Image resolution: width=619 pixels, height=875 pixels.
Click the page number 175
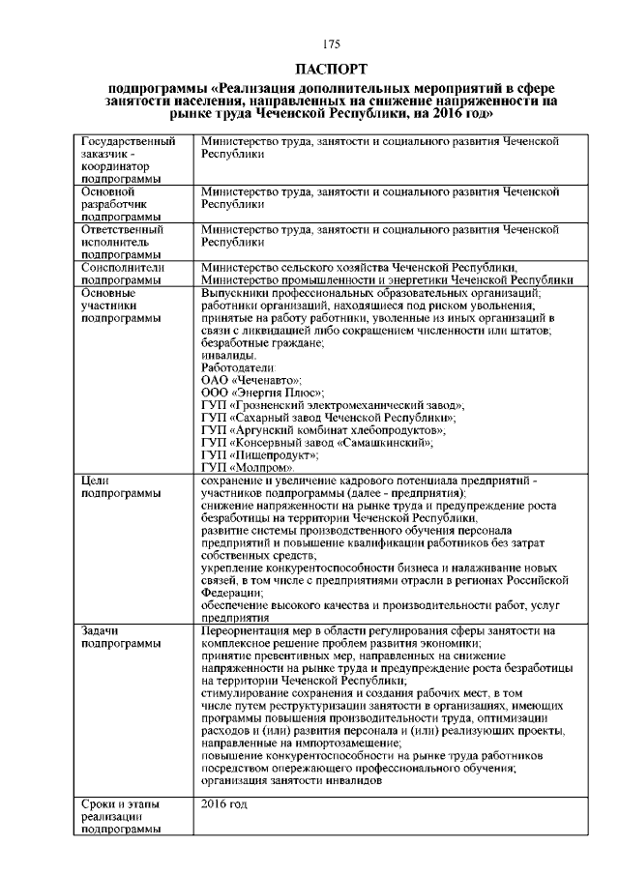(332, 44)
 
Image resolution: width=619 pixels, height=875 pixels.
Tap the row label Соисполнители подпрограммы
(124, 274)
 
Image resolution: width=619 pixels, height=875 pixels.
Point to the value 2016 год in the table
(224, 803)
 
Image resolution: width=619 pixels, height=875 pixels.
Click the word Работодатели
(238, 367)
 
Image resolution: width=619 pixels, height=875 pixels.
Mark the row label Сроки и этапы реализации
(121, 816)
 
